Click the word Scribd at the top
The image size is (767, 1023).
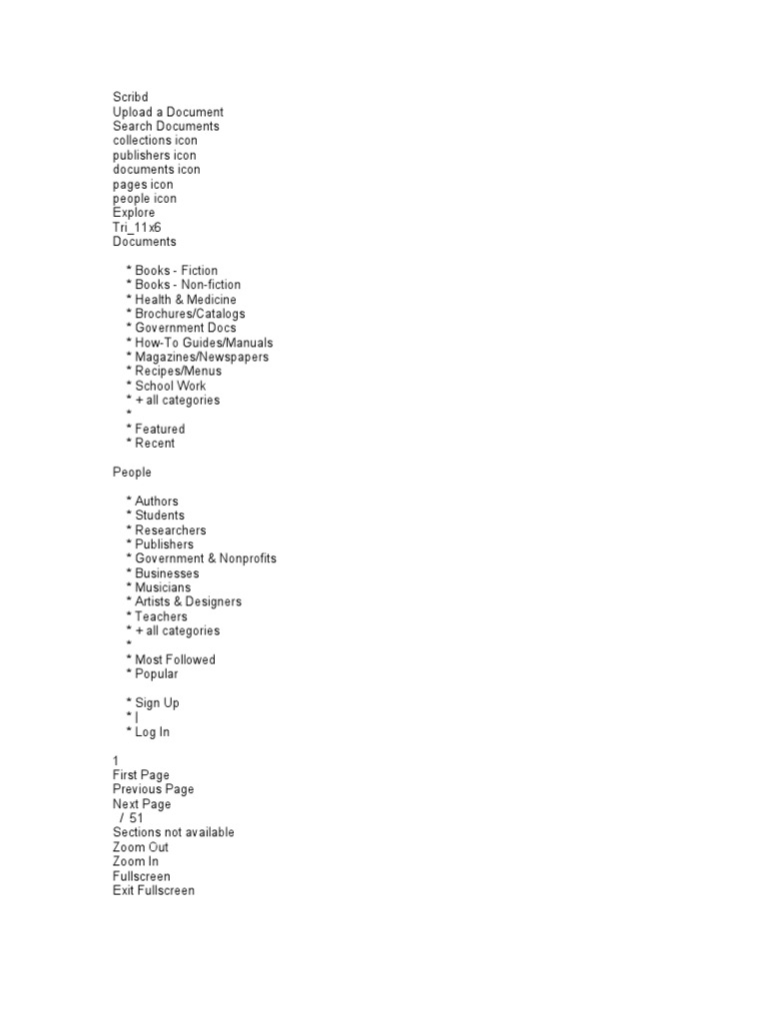(x=130, y=97)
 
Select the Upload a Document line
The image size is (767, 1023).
(x=168, y=112)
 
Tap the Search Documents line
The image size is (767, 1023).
(x=166, y=126)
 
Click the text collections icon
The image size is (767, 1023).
(x=155, y=141)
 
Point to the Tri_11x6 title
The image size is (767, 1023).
(x=137, y=227)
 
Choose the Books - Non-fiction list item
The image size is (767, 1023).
(x=188, y=285)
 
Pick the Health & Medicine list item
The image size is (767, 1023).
(x=186, y=300)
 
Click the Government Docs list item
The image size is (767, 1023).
(x=186, y=328)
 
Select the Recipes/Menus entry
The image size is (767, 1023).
(x=179, y=372)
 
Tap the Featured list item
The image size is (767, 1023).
(x=160, y=429)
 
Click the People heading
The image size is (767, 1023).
(x=132, y=472)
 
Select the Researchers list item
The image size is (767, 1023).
(x=171, y=530)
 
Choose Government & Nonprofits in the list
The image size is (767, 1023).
(x=206, y=558)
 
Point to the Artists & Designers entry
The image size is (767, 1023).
(x=188, y=601)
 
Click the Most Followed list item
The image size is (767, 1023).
(x=175, y=659)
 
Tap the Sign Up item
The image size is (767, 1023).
(x=157, y=702)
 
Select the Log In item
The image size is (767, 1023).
(x=152, y=732)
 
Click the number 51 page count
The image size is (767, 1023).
(x=136, y=818)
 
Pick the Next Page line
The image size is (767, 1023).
(x=142, y=804)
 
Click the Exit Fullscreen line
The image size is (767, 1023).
(x=154, y=890)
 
